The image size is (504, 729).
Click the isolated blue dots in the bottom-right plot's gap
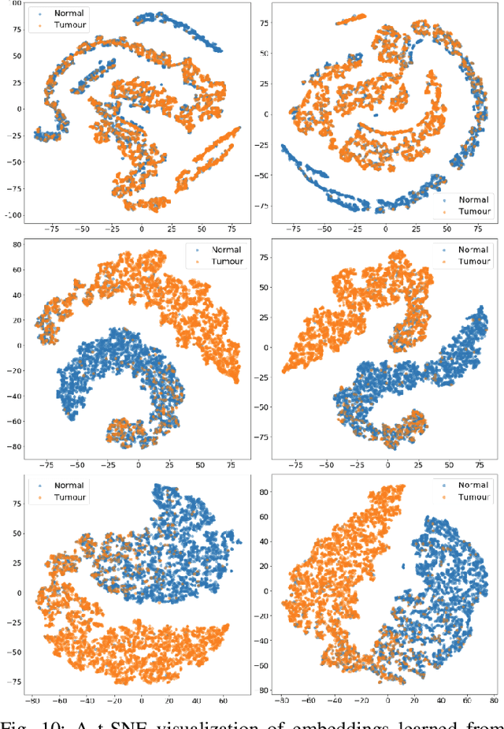pos(402,564)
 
